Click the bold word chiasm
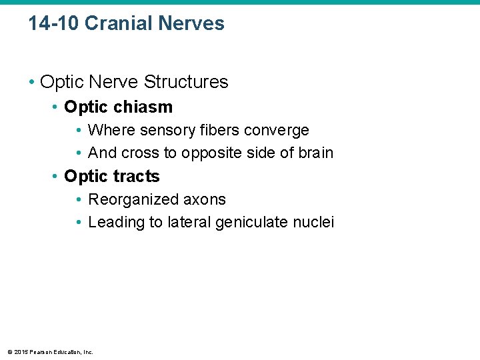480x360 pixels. click(x=143, y=107)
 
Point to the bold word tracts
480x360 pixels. click(x=137, y=177)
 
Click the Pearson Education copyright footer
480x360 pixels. click(x=50, y=352)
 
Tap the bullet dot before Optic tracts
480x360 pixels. click(x=55, y=177)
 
